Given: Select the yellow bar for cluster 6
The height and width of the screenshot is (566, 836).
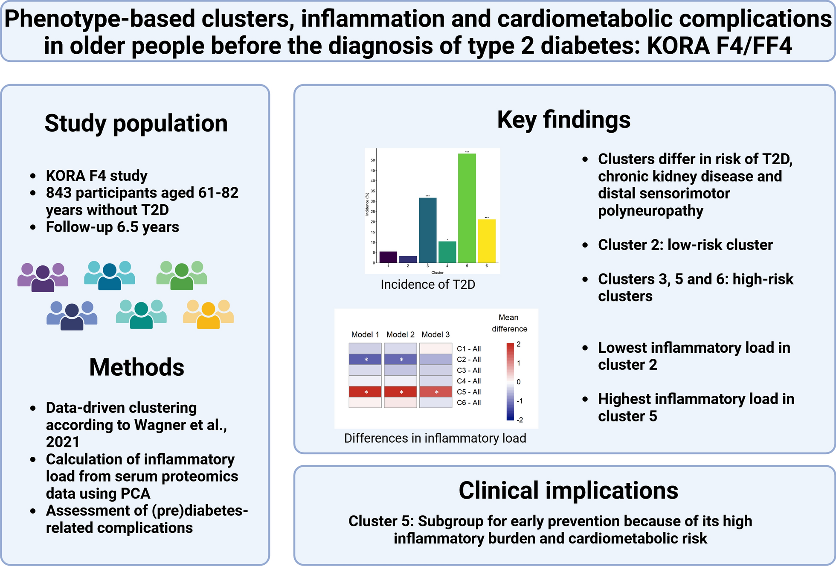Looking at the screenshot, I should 487,241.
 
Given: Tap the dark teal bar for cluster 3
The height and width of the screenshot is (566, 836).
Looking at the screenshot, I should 427,230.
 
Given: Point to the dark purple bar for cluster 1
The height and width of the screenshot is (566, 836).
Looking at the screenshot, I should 388,257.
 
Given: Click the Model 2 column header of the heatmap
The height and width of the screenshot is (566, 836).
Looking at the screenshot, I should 400,335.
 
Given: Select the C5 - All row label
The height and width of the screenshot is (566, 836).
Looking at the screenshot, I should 468,392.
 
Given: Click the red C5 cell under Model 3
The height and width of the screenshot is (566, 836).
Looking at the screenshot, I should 435,392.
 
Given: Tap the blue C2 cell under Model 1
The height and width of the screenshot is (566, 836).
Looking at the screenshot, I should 365,360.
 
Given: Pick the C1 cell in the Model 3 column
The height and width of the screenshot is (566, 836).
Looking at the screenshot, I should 435,348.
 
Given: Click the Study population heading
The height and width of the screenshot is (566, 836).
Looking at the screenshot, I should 136,124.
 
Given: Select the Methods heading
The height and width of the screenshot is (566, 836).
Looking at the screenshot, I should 136,367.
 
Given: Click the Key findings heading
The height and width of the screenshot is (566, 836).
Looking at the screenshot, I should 563,120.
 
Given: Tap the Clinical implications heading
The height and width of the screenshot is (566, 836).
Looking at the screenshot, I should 568,491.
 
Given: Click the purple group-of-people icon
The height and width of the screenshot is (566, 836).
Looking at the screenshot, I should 43,277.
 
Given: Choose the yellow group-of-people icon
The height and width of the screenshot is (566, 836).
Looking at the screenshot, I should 208,314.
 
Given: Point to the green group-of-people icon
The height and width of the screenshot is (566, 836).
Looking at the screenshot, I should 182,276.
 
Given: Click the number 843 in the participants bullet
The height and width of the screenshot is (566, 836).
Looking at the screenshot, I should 59,193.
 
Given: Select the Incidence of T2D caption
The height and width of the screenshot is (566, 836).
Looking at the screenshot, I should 427,284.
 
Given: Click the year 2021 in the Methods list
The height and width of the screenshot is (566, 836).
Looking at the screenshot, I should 62,442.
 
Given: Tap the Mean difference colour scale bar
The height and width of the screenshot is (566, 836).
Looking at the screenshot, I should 510,382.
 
